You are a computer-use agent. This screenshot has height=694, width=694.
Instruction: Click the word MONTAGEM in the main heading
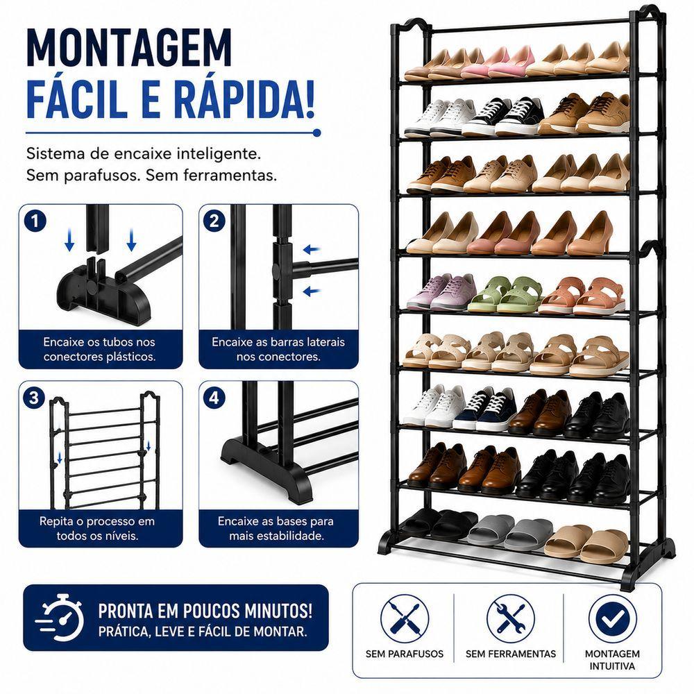point(129,48)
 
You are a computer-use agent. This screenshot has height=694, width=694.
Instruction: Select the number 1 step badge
point(35,221)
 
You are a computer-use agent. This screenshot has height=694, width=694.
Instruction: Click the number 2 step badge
point(214,221)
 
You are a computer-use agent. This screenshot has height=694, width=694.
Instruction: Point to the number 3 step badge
point(33,398)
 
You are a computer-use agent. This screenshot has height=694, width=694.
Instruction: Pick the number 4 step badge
point(214,398)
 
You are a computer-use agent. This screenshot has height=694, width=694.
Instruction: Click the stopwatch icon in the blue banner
point(60,617)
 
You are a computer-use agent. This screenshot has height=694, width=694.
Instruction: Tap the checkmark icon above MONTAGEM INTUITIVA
point(613,619)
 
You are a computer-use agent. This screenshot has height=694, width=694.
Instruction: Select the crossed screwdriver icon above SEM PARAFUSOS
point(405,618)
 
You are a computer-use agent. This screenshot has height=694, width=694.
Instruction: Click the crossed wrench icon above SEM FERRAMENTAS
point(511,618)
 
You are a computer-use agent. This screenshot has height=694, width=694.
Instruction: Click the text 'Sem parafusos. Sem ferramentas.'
point(151,176)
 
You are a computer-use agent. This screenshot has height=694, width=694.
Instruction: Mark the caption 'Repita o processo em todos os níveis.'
point(97,528)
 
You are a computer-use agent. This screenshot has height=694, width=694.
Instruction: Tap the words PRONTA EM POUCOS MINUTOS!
point(205,611)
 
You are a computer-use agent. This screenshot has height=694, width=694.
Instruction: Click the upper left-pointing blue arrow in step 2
point(312,250)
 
